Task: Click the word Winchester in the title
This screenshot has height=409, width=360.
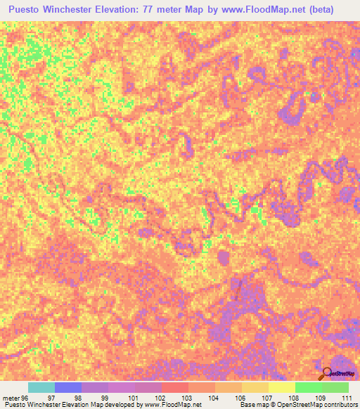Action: coord(86,11)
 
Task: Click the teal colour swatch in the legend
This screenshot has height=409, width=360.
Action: coord(41,388)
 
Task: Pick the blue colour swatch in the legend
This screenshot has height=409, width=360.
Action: coord(68,388)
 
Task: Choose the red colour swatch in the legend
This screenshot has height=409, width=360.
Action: coord(175,388)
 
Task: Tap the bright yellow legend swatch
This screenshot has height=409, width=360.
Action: coord(282,388)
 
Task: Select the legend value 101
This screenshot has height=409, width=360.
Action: coord(132,398)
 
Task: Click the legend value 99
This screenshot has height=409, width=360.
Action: coord(105,398)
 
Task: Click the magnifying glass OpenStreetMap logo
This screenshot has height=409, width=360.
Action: coord(327,374)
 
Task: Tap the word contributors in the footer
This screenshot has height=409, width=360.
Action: coord(341,405)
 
